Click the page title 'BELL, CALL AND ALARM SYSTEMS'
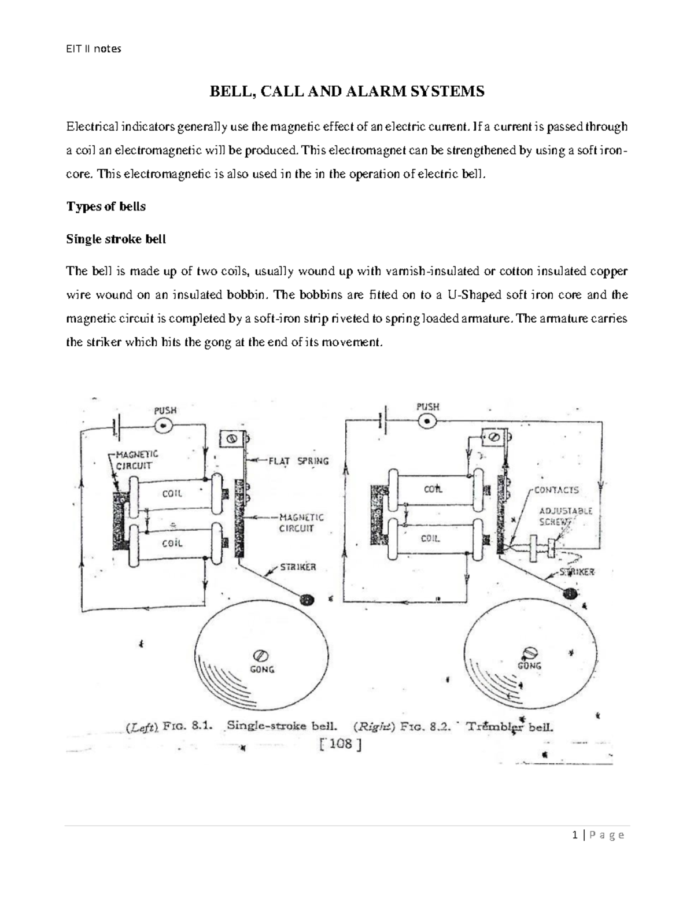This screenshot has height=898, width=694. pyautogui.click(x=346, y=91)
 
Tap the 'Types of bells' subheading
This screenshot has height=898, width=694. pyautogui.click(x=106, y=206)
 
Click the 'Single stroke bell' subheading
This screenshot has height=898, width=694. pyautogui.click(x=116, y=239)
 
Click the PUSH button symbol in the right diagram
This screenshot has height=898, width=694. pyautogui.click(x=428, y=422)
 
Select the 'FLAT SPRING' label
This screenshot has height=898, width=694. pyautogui.click(x=298, y=461)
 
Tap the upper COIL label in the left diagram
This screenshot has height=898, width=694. pyautogui.click(x=172, y=493)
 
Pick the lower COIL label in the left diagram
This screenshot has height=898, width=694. pyautogui.click(x=172, y=543)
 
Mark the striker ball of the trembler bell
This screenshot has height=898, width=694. pyautogui.click(x=571, y=593)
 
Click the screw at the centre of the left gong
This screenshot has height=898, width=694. pyautogui.click(x=260, y=655)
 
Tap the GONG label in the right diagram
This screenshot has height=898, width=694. pyautogui.click(x=529, y=666)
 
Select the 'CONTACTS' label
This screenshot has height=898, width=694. pyautogui.click(x=556, y=490)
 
